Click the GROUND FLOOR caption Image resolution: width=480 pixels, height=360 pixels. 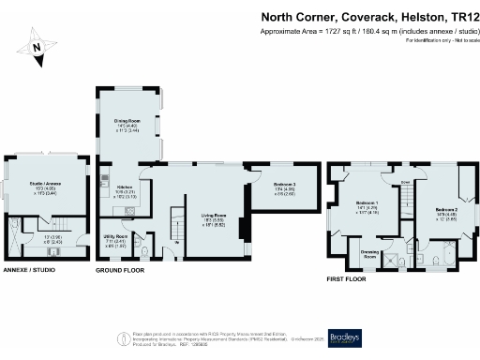point(120,270)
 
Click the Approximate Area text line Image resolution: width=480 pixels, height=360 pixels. point(366,32)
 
